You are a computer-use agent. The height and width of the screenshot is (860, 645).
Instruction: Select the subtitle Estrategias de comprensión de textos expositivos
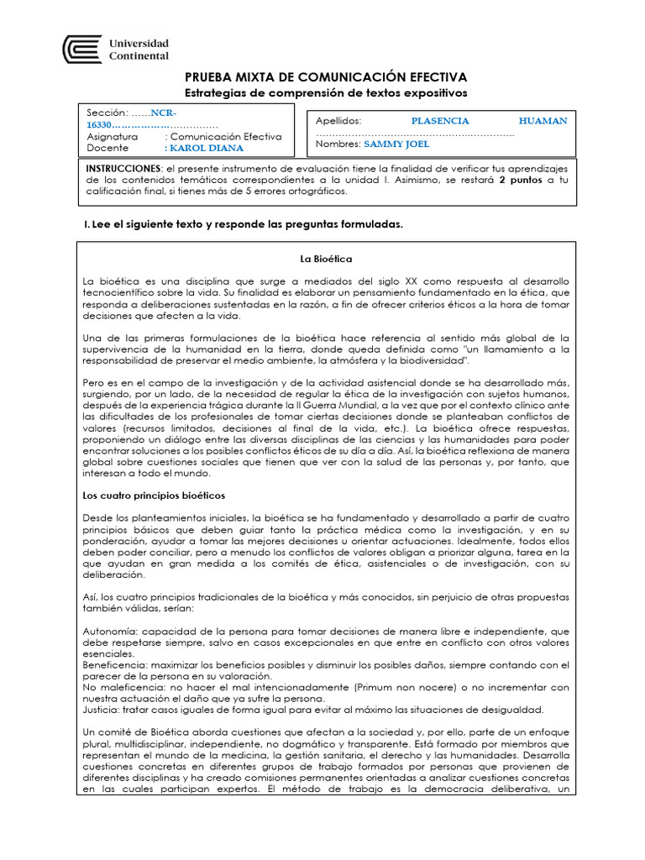[x=324, y=92]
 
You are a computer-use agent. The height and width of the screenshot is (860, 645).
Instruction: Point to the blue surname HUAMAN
[x=543, y=121]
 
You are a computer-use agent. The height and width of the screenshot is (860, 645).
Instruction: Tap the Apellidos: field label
[x=338, y=121]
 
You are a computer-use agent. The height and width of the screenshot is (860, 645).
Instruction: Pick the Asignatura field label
[x=113, y=136]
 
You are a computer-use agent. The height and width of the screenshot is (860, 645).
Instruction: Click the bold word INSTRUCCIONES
[x=123, y=168]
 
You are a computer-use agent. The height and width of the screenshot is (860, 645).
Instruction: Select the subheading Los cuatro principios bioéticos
[x=154, y=496]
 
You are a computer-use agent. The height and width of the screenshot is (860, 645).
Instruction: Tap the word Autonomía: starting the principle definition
[x=110, y=631]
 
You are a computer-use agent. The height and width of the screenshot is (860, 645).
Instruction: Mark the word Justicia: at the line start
[x=102, y=709]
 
